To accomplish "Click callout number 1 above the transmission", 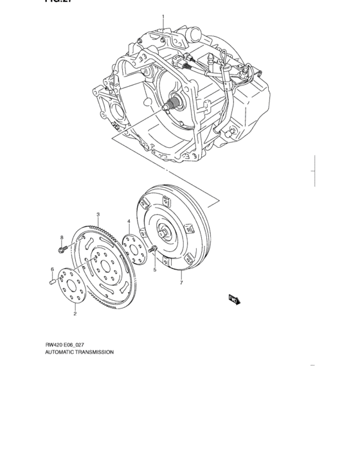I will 163,17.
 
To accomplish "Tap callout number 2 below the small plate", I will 75,314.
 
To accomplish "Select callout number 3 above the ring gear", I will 98,214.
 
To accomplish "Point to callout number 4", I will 129,221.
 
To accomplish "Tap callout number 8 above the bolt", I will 62,237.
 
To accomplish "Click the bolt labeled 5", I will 154,249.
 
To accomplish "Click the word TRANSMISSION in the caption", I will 93,352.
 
